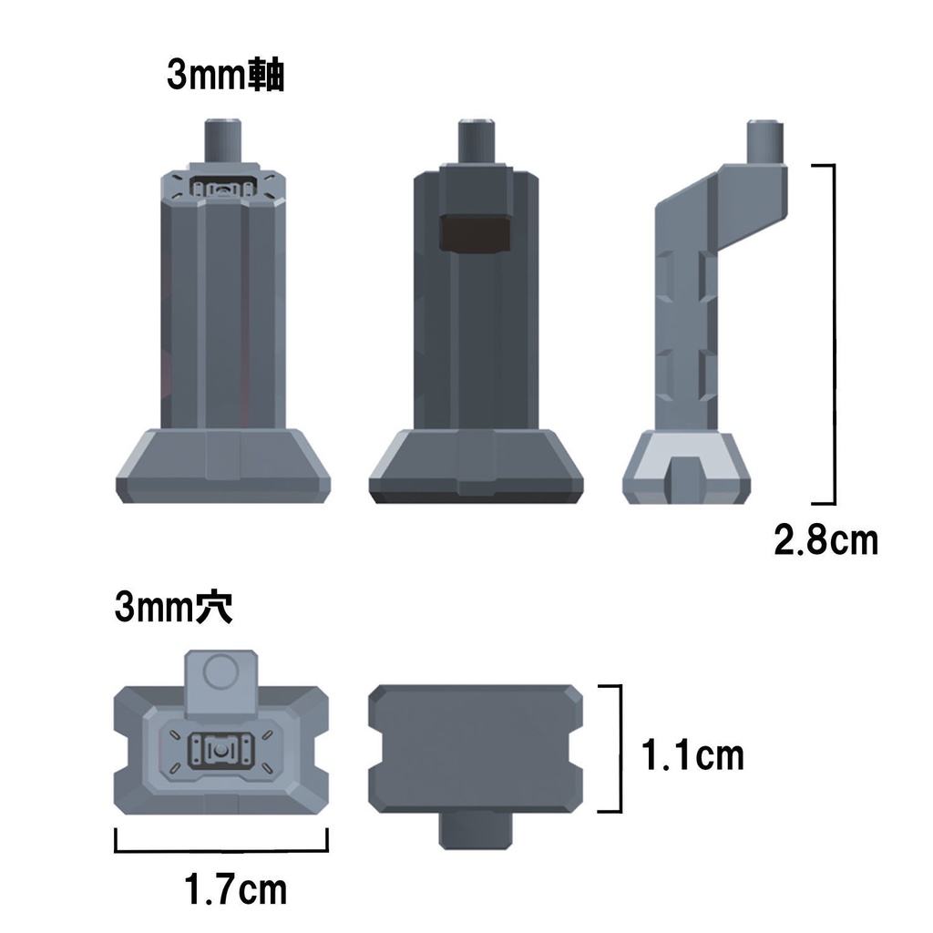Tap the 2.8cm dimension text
coord(825,541)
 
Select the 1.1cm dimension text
coord(692,755)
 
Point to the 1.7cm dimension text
coord(235,889)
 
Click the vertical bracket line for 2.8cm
coord(833,333)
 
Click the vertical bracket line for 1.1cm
coord(620,749)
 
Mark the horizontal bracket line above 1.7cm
coord(220,850)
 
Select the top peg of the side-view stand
coord(765,140)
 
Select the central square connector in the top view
coord(220,751)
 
